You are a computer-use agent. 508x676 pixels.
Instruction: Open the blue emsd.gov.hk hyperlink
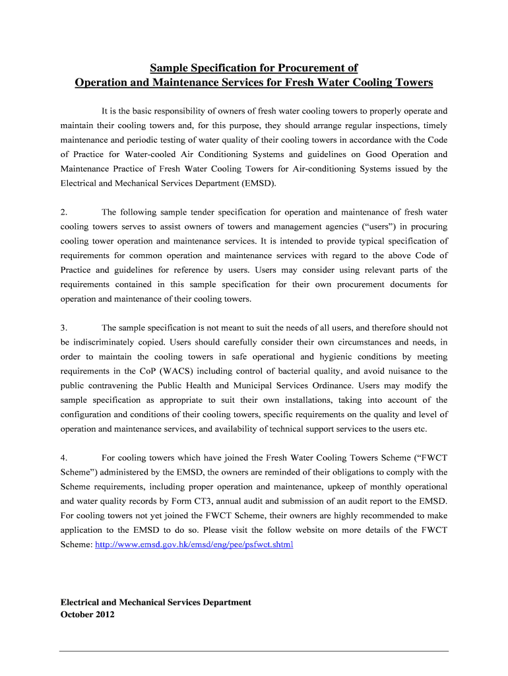click(194, 545)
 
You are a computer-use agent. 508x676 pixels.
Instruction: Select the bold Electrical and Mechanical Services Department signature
click(156, 602)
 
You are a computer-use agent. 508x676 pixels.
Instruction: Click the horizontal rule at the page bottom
click(254, 652)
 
